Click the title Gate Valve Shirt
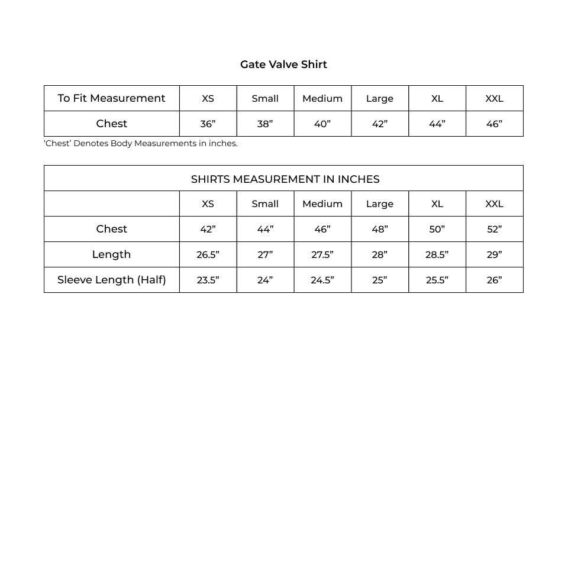tap(283, 64)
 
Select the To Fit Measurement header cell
tap(111, 98)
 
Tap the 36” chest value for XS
tap(208, 124)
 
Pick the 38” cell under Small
tap(264, 124)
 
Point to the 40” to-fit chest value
tap(322, 124)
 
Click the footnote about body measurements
tap(141, 143)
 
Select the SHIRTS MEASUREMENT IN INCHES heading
tap(285, 179)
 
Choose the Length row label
tap(111, 254)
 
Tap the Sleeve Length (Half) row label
tap(111, 280)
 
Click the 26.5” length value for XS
tap(208, 254)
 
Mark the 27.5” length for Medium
tap(322, 254)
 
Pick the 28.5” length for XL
tap(437, 254)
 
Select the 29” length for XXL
tap(494, 254)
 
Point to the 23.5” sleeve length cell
tap(208, 280)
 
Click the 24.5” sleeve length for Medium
tap(322, 280)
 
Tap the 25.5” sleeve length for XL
tap(437, 280)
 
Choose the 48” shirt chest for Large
tap(379, 229)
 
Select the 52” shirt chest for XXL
tap(494, 229)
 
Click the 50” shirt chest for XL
tap(437, 229)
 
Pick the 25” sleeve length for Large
tap(379, 280)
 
